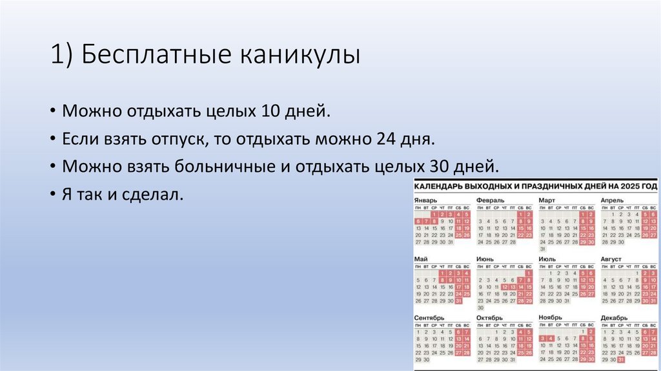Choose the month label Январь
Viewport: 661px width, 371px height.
tap(426, 200)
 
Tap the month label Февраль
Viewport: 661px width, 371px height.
tap(491, 200)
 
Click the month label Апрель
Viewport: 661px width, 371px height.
tap(612, 200)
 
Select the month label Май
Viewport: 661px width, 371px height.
tap(422, 259)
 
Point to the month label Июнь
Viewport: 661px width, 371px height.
tap(485, 259)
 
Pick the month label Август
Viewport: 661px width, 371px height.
tap(611, 259)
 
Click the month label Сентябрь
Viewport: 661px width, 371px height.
tap(430, 318)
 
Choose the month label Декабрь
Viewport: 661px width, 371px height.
tap(613, 318)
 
